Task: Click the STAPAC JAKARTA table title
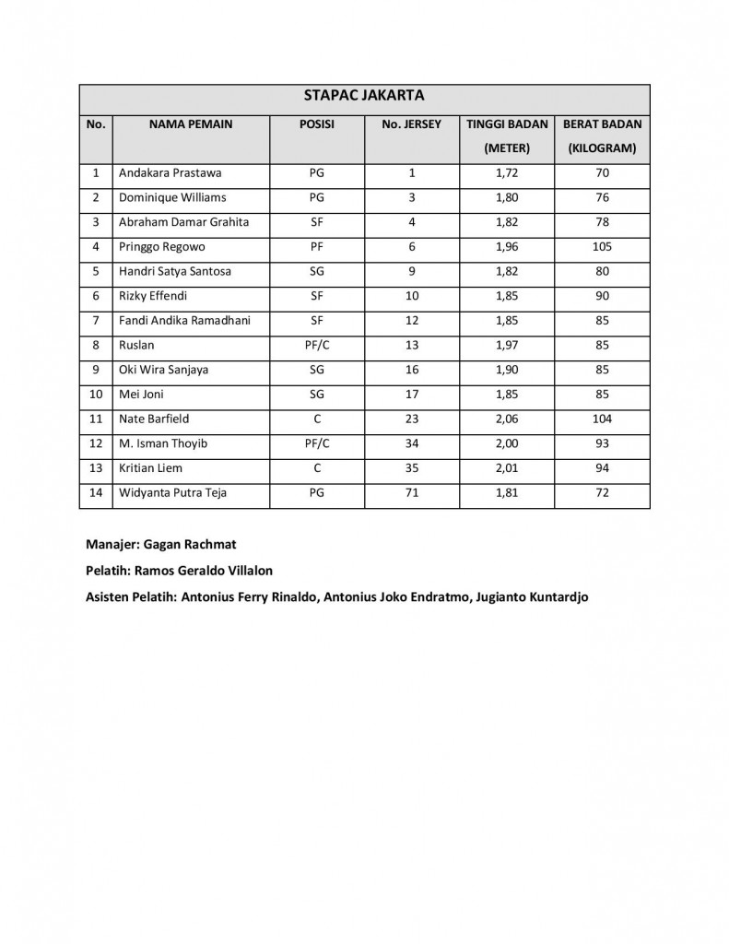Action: (364, 94)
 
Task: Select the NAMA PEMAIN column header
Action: (191, 124)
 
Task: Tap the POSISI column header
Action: (317, 124)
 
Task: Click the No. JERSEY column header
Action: (412, 124)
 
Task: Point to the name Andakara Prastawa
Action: (170, 172)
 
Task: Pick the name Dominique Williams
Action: (172, 197)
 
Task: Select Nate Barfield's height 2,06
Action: (507, 419)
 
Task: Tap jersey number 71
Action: (412, 493)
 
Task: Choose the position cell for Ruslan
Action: (317, 345)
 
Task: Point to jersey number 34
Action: (412, 443)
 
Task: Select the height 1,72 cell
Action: (507, 172)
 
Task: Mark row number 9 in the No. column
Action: (96, 370)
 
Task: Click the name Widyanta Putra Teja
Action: (172, 493)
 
